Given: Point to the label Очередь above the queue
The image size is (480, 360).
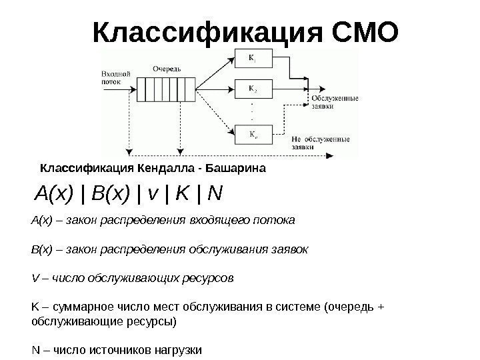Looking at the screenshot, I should point(166,69).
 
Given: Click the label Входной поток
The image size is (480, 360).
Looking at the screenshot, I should point(115,77).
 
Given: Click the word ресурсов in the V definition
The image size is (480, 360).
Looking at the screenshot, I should point(208,277).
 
